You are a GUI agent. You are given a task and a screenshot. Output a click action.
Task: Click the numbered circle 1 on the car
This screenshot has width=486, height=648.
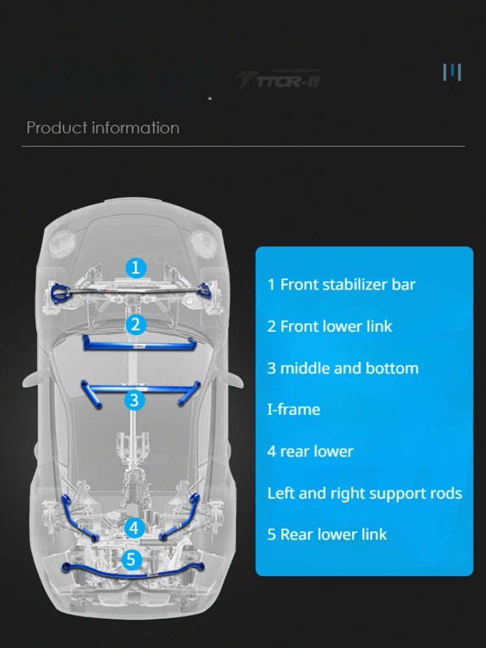(x=135, y=267)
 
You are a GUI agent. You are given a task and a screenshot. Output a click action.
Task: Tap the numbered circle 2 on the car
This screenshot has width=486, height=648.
(x=135, y=324)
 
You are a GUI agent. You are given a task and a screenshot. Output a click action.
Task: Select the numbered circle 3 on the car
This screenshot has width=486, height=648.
(x=133, y=400)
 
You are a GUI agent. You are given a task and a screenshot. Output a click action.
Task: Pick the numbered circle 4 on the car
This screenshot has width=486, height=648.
(x=133, y=527)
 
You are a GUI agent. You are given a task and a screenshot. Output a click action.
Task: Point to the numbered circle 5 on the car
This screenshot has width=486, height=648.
(x=132, y=559)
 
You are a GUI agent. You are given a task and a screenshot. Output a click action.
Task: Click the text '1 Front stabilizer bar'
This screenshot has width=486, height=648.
(x=341, y=284)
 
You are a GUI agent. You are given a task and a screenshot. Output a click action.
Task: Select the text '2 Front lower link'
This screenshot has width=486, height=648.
(x=329, y=326)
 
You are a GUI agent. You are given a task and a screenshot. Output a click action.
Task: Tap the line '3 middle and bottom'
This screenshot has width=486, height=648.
(x=343, y=368)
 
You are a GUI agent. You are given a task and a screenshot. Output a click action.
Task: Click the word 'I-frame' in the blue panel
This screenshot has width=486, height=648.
(x=294, y=410)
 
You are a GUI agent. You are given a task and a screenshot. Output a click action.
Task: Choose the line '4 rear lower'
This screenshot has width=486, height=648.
(x=310, y=451)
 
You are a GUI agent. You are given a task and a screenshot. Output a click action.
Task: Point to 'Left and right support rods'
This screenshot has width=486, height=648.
(x=364, y=493)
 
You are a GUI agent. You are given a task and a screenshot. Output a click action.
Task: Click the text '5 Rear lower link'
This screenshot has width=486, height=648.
(x=327, y=535)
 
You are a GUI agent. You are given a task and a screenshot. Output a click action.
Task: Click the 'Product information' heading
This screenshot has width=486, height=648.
(x=103, y=128)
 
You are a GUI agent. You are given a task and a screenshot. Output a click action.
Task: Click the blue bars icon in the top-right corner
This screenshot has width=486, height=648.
(x=452, y=72)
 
